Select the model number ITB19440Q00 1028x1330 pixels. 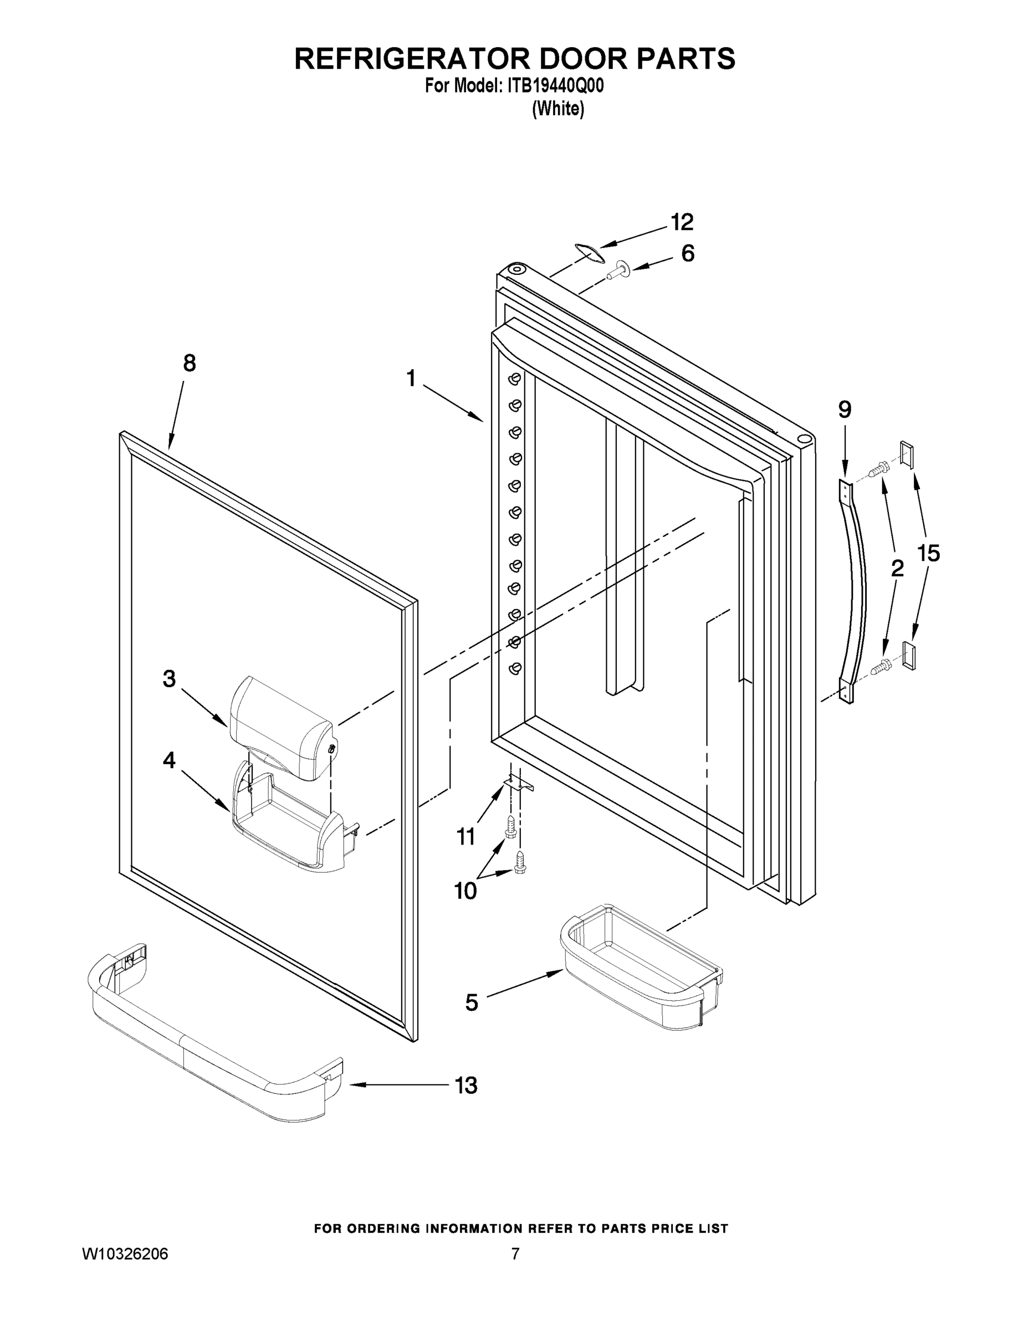pos(555,86)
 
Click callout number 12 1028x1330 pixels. pos(682,222)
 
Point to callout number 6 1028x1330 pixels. pos(688,253)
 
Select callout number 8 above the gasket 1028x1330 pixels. pos(190,364)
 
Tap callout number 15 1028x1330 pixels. pos(928,553)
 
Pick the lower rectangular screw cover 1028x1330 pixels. pos(908,655)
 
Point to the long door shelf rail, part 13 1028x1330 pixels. pos(213,1041)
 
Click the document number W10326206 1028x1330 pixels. pos(125,1252)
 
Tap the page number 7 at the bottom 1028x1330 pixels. pos(515,1252)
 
